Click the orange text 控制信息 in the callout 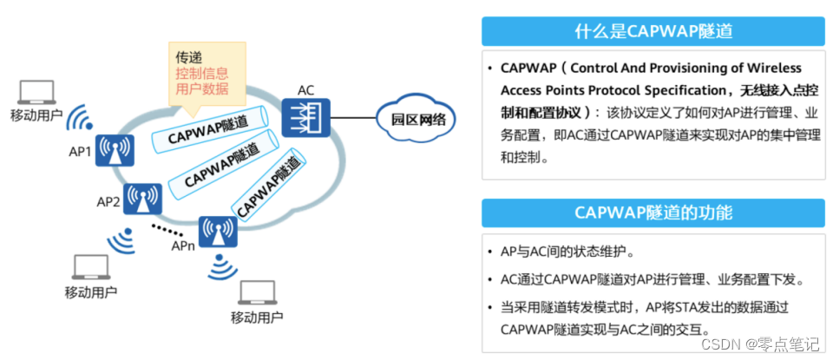pyautogui.click(x=199, y=73)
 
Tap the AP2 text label pyautogui.click(x=108, y=202)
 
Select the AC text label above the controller pyautogui.click(x=305, y=90)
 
